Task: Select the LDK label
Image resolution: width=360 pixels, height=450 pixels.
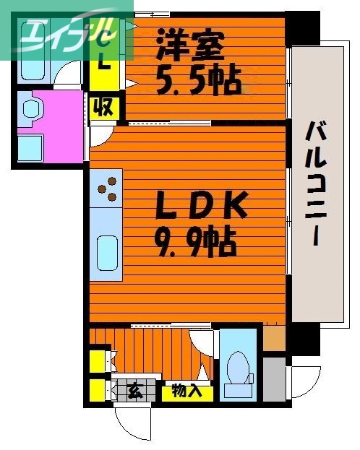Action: (203, 208)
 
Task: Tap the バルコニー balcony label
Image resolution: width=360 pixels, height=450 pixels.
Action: (315, 184)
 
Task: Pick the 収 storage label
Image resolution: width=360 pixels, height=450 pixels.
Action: (103, 108)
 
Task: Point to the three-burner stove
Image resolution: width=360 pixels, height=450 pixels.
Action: (107, 188)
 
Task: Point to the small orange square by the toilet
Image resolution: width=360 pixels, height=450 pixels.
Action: (274, 338)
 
